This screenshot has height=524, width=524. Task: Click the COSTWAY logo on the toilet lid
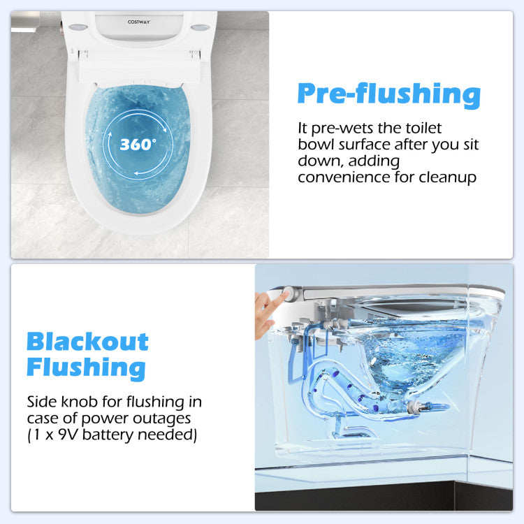coord(139,22)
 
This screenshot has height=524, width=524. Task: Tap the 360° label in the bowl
coord(138,145)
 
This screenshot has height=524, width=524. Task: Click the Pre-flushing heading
coord(389,95)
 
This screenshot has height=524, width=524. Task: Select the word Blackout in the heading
coord(87,342)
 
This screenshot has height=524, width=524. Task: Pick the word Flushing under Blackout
coord(86,368)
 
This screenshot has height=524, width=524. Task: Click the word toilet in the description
coord(423,128)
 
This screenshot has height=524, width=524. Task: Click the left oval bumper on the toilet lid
coord(78,27)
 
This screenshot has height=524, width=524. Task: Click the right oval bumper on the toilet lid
coord(201,27)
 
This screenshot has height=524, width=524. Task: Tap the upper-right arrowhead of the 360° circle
coord(164,129)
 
